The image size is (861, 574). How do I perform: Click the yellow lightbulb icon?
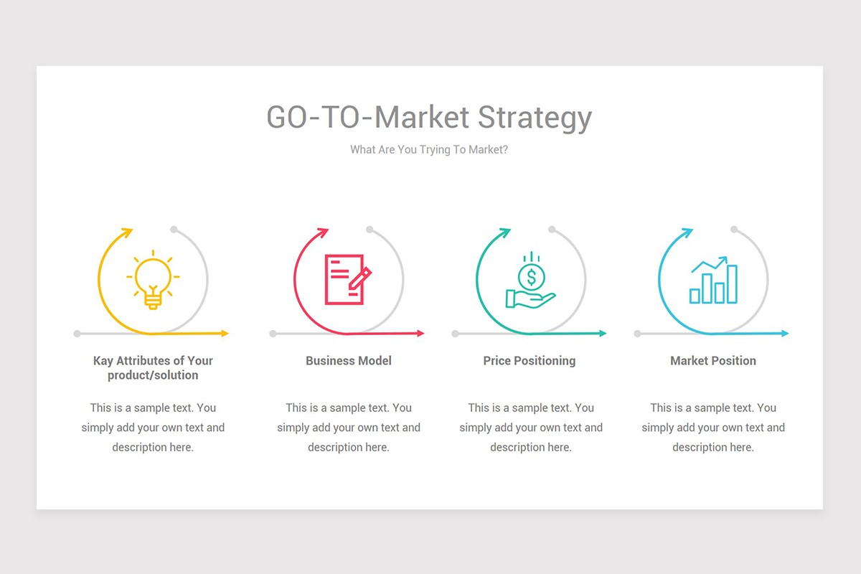coord(153,281)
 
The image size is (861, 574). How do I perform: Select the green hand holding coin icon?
coord(530,281)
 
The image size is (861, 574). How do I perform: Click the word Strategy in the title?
coord(535,117)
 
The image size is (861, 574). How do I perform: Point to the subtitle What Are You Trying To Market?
coord(429,150)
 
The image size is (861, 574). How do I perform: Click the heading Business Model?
coord(349,361)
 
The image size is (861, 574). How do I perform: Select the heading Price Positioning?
coord(530,361)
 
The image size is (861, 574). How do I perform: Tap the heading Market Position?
coord(713,361)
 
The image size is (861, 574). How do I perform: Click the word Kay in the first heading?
coord(103,361)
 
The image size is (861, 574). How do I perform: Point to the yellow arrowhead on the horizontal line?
coord(224,333)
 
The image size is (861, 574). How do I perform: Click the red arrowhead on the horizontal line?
coord(420,333)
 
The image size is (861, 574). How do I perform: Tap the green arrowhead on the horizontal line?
coord(602,333)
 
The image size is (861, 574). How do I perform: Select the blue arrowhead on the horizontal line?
coord(784,333)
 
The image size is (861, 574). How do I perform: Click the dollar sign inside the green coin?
coord(531,276)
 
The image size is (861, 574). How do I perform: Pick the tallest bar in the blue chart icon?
coord(731,284)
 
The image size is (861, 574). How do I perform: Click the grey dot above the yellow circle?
coord(174,230)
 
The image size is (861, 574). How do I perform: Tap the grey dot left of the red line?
coord(273,334)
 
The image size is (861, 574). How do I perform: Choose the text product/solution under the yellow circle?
coord(153,375)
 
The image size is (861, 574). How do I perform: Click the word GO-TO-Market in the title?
coord(368,117)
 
